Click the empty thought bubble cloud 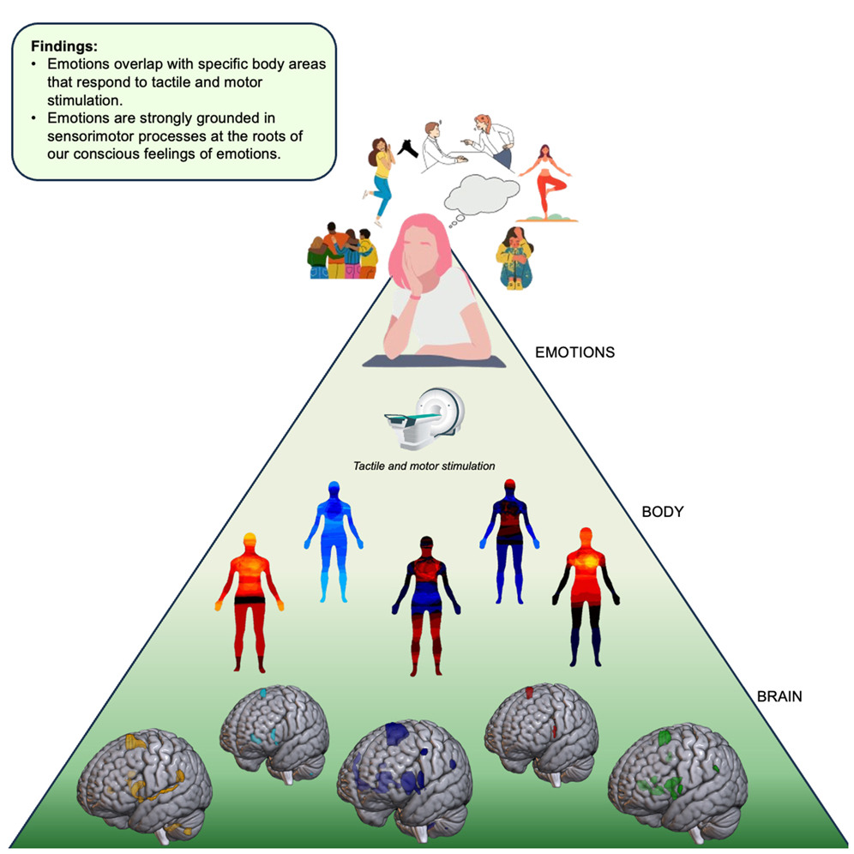[482, 195]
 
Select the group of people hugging [342, 253]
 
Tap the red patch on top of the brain [529, 692]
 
